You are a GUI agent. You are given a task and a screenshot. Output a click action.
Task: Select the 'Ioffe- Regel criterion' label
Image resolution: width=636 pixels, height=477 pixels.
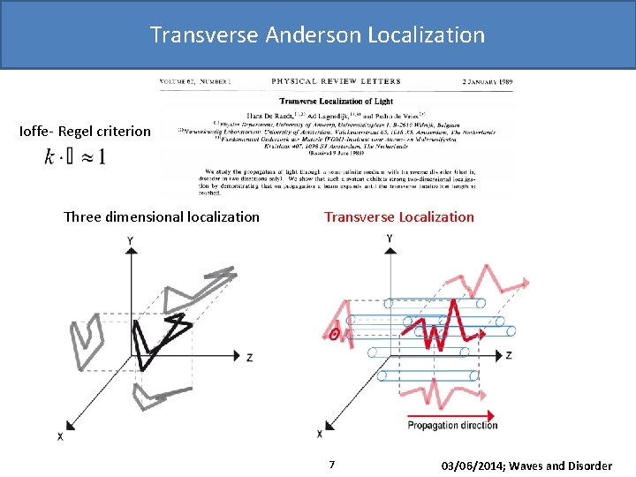coord(85,132)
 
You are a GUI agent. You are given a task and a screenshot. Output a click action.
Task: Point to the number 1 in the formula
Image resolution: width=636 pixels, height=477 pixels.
coord(102,157)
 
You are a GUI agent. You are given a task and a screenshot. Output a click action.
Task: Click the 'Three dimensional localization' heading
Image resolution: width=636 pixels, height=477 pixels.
coord(162,216)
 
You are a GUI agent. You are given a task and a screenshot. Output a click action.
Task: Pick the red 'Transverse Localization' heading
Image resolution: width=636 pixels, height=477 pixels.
coord(398,216)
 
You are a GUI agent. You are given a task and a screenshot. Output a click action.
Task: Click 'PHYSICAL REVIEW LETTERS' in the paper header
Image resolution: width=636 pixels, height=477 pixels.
coord(336,81)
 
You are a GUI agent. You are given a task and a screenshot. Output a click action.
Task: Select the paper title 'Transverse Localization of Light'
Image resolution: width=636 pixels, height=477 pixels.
coord(336,101)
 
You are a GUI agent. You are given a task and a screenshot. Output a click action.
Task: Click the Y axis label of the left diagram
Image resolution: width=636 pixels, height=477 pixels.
coord(131,240)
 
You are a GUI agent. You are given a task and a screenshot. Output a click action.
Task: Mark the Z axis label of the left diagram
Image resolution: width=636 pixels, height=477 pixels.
coord(250,357)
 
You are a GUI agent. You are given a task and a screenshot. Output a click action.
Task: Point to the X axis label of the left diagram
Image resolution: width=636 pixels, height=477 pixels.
coord(60,436)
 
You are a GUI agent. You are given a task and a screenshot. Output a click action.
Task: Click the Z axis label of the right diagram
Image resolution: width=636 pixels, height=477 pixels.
coord(509,355)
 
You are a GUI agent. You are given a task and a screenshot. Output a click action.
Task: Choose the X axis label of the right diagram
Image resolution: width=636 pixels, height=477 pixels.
coord(319,435)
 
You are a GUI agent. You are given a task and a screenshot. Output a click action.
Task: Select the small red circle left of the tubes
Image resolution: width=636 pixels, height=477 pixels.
coord(334,334)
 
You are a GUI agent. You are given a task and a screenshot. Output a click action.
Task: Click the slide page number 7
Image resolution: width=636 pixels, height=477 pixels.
coord(331,465)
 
